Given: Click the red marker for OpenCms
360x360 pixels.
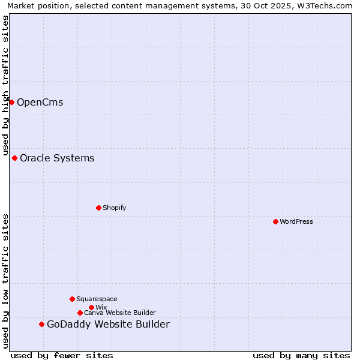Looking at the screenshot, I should pos(11,102).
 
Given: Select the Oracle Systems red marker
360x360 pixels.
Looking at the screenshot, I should pos(14,158).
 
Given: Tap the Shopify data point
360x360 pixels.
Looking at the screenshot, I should pos(98,208).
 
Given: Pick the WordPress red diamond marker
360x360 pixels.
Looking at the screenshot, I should pos(275,221).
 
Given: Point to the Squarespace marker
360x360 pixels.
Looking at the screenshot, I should pos(72,299).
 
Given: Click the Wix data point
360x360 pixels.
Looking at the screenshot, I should pos(91,307).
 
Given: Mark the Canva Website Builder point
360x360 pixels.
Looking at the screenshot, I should pos(80,313).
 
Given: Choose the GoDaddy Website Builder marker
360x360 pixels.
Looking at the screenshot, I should pos(41,324).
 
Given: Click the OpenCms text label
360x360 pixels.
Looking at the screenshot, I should pos(40,102).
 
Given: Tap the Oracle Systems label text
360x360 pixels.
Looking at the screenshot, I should pos(57,158).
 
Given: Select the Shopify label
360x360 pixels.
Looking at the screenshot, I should pos(114,208).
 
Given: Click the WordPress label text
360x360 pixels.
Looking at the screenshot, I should pos(296,221).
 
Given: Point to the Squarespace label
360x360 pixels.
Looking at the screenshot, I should pos(97,299).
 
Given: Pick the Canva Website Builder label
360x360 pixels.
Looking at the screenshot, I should pos(120,313).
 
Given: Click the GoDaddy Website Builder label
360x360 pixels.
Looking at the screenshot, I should pos(108,324).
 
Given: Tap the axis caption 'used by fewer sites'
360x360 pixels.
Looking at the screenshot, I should pos(62,355).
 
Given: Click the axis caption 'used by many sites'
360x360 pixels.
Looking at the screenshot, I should pos(301,355).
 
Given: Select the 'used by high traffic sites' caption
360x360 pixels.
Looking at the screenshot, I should pos(6,85).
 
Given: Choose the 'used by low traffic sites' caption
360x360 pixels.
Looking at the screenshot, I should pos(6,281).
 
